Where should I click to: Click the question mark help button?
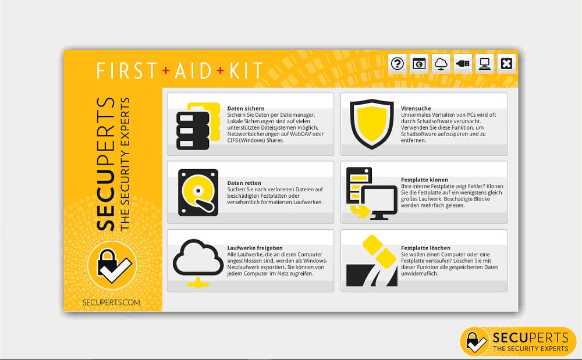tap(398, 63)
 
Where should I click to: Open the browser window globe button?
tap(419, 63)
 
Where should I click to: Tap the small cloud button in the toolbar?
tap(441, 63)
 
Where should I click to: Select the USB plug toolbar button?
tap(463, 63)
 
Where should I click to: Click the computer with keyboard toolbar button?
tap(484, 63)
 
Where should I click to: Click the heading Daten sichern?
tap(246, 109)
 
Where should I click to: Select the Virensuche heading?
tap(416, 109)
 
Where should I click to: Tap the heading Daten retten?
tap(244, 183)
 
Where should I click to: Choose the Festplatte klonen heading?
tap(424, 180)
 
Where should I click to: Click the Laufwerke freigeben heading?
tap(254, 248)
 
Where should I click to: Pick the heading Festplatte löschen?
tap(425, 248)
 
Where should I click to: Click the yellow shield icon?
tap(372, 124)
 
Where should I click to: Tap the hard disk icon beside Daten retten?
tap(198, 193)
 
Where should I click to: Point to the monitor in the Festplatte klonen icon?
tap(378, 201)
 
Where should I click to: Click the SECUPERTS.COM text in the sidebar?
tap(112, 302)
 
